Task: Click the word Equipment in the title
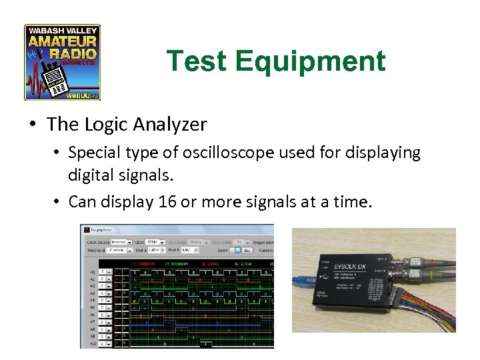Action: coord(310,61)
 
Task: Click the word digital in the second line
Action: coord(90,177)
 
